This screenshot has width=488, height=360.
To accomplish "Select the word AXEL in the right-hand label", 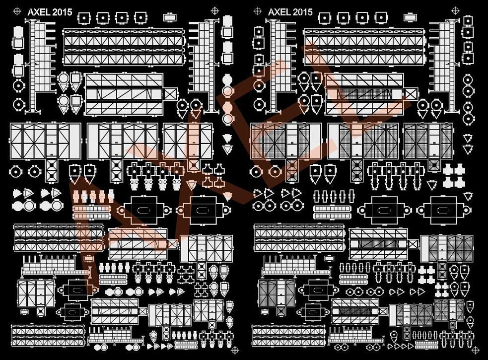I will [279, 11].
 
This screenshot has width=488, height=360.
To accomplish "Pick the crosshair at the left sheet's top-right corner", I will [214, 10].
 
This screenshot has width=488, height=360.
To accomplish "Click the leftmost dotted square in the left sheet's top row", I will [84, 18].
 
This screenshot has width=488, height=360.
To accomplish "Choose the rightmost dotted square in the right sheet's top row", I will [381, 18].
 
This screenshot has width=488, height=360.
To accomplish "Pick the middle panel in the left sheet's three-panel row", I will [123, 141].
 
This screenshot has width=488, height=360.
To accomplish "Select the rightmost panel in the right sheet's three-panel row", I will [428, 141].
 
